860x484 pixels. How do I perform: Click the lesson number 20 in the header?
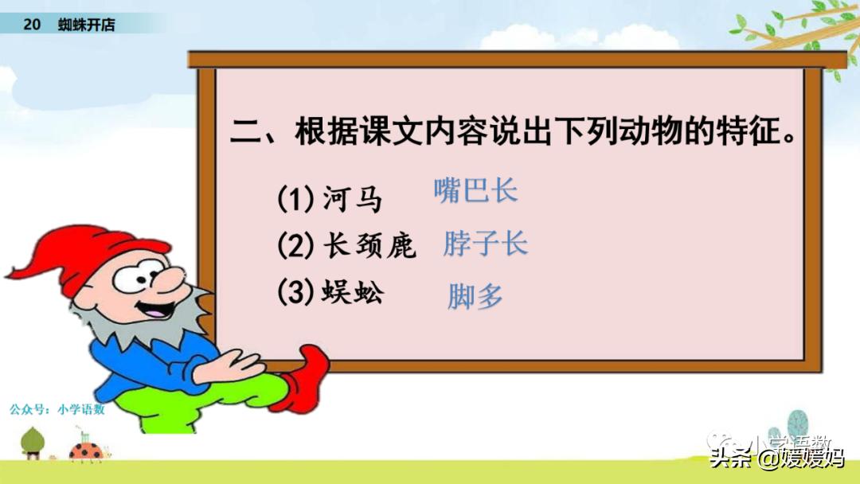31,24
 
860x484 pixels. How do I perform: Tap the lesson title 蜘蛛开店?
86,24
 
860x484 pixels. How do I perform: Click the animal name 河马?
352,198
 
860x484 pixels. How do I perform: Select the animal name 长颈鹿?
369,244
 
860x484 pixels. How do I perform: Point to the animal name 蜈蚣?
353,291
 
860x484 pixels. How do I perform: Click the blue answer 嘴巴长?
475,190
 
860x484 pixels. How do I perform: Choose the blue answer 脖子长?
486,244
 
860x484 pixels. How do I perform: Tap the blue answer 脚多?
475,297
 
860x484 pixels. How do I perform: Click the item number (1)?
295,198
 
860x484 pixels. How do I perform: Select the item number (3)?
295,291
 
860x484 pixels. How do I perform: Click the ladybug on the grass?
87,451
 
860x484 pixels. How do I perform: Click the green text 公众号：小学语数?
57,409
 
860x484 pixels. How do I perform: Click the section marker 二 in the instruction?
246,132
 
